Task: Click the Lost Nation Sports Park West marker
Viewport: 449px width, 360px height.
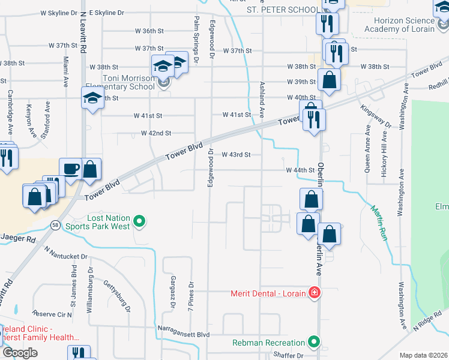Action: point(140,223)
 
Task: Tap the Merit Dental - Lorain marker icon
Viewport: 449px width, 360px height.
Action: point(313,293)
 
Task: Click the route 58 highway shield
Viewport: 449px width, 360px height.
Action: point(56,224)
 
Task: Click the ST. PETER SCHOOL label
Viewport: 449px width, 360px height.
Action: point(283,10)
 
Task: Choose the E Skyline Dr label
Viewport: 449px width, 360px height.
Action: point(106,12)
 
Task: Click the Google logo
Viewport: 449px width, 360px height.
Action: point(20,353)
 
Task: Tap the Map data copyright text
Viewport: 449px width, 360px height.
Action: point(423,355)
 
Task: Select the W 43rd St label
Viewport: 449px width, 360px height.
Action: point(235,154)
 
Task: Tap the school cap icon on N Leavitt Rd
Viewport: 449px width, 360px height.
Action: point(92,100)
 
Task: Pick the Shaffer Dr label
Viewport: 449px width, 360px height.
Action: point(288,355)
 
